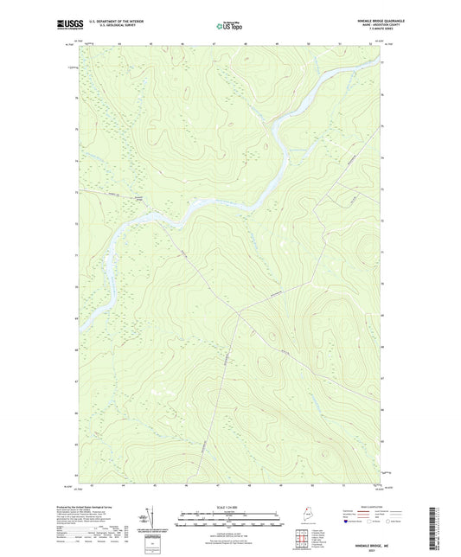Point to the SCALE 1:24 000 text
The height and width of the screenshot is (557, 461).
pyautogui.click(x=230, y=506)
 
